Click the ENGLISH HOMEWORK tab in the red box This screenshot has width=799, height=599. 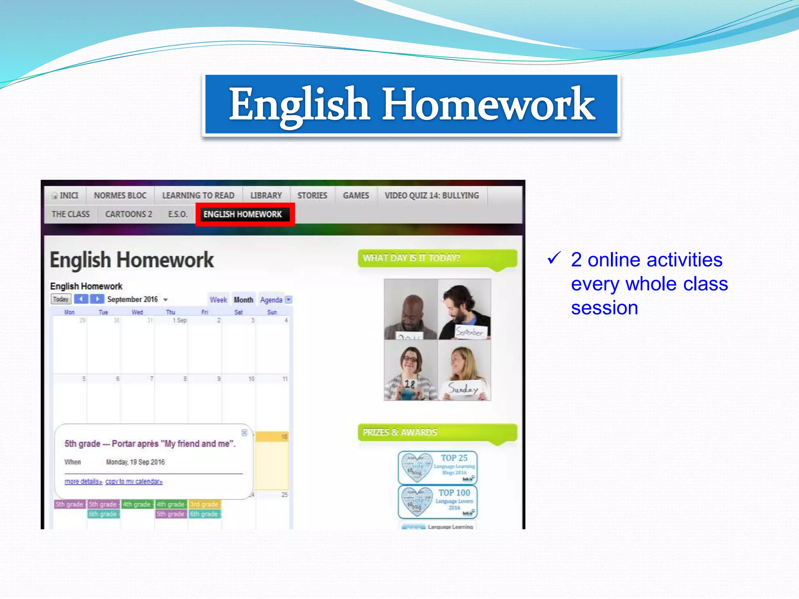tap(242, 214)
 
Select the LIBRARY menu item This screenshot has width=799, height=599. tap(266, 195)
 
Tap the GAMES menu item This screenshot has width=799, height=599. tap(356, 195)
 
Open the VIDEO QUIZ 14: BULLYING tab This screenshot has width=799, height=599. tap(431, 195)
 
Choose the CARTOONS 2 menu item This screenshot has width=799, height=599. tap(128, 214)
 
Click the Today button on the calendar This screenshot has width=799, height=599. tap(61, 299)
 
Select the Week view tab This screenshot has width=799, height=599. tap(218, 300)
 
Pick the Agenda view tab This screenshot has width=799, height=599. tap(271, 300)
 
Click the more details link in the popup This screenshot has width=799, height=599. tap(83, 482)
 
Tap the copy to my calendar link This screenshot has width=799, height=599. tap(134, 482)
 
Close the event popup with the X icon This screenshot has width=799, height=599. tap(244, 432)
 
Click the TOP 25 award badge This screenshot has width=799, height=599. tap(438, 467)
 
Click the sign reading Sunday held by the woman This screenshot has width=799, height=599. tap(463, 388)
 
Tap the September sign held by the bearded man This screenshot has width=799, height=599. tap(470, 332)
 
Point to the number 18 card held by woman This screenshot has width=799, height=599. tap(409, 384)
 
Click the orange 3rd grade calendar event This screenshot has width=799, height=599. tap(204, 504)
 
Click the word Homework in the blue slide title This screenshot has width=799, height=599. tap(488, 104)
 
